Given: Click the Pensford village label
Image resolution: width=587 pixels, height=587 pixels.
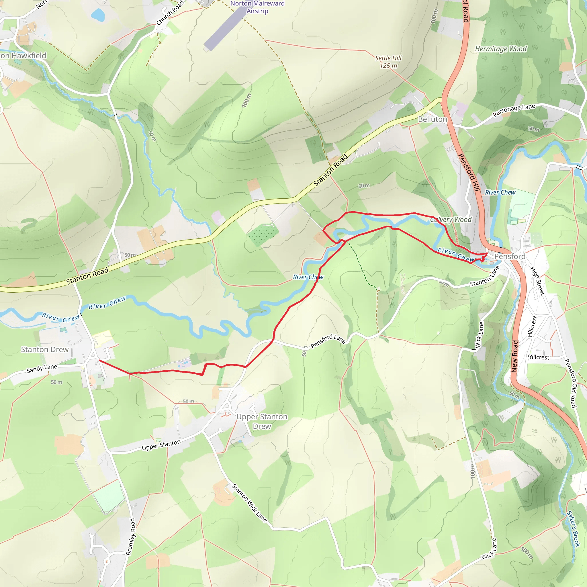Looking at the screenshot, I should click(510, 257).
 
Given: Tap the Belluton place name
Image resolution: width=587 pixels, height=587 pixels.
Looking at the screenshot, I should click(432, 119).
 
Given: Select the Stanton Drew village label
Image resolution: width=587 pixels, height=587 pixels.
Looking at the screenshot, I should click(45, 349).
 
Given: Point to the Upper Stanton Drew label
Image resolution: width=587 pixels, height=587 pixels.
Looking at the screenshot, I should click(262, 421).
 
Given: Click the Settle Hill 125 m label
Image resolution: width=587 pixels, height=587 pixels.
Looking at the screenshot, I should click(388, 62).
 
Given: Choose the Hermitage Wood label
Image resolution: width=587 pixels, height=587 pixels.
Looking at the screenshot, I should click(501, 49).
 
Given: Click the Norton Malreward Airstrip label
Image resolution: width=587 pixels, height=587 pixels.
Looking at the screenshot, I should click(257, 7).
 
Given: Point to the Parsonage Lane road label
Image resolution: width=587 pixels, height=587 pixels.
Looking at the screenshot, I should click(514, 110).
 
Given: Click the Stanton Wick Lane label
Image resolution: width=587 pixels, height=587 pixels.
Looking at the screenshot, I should click(249, 503).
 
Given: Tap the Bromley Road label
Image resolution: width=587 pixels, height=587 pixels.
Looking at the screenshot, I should click(130, 537).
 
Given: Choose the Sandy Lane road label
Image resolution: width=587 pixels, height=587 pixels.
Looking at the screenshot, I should click(42, 369).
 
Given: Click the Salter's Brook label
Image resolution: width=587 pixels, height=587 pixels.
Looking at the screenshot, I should click(573, 529).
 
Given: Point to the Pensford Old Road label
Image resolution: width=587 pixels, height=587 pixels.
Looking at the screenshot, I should click(570, 383).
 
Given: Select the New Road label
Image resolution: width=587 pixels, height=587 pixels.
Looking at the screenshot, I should click(514, 356).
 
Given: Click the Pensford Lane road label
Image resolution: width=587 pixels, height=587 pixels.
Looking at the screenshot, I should click(328, 341).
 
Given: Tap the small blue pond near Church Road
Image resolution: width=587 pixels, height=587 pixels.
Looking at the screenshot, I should click(98, 15).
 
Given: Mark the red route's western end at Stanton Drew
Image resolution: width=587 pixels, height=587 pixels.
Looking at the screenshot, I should click(99, 360).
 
